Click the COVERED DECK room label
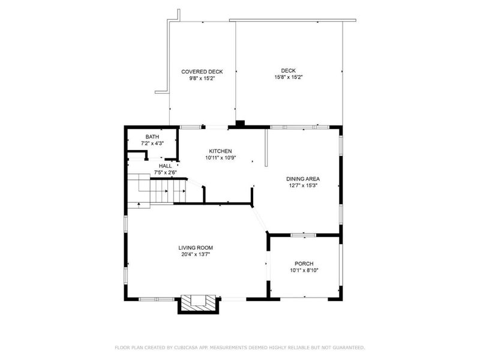coord(202,71)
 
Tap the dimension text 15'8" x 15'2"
coord(289,77)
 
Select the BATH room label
coord(152,137)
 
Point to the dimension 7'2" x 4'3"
coord(152,143)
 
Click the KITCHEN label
coord(220,151)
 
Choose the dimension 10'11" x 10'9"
coord(220,158)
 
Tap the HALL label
coord(165,166)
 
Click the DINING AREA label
coord(302,179)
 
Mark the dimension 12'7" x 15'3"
coord(302,185)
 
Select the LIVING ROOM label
coord(196,248)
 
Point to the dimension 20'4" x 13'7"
coord(196,254)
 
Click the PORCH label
coord(304,264)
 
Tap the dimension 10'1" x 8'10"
coord(304,271)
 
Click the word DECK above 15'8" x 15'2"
coord(289,70)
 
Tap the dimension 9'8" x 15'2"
coord(202,78)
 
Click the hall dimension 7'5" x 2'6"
coord(165,173)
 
